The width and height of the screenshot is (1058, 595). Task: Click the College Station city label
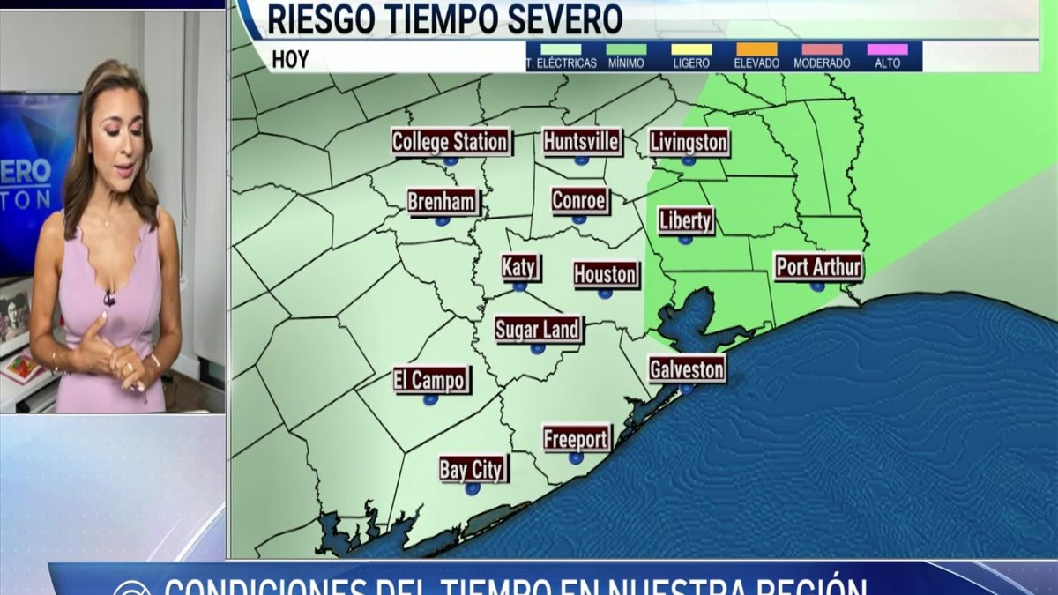click(x=451, y=142)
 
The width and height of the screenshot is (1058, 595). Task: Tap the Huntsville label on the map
click(x=582, y=141)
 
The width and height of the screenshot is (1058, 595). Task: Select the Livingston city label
click(x=689, y=142)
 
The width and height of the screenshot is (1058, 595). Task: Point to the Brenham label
click(x=443, y=202)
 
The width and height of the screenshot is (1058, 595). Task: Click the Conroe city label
click(x=579, y=201)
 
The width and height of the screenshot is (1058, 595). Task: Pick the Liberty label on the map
click(x=686, y=220)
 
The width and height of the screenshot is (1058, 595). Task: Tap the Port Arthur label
click(x=818, y=267)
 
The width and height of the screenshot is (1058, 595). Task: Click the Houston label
click(x=606, y=275)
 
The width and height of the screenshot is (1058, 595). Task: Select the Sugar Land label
click(x=538, y=331)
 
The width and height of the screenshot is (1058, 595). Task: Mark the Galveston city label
click(x=687, y=369)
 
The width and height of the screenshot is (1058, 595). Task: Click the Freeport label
click(x=577, y=438)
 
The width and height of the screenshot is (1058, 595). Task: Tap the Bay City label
click(x=473, y=470)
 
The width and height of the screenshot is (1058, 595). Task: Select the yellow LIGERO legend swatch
click(x=690, y=49)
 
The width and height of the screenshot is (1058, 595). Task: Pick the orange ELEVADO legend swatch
click(x=756, y=49)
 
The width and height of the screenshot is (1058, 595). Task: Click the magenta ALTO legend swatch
click(x=887, y=49)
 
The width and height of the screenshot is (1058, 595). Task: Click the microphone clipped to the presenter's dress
click(x=109, y=299)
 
